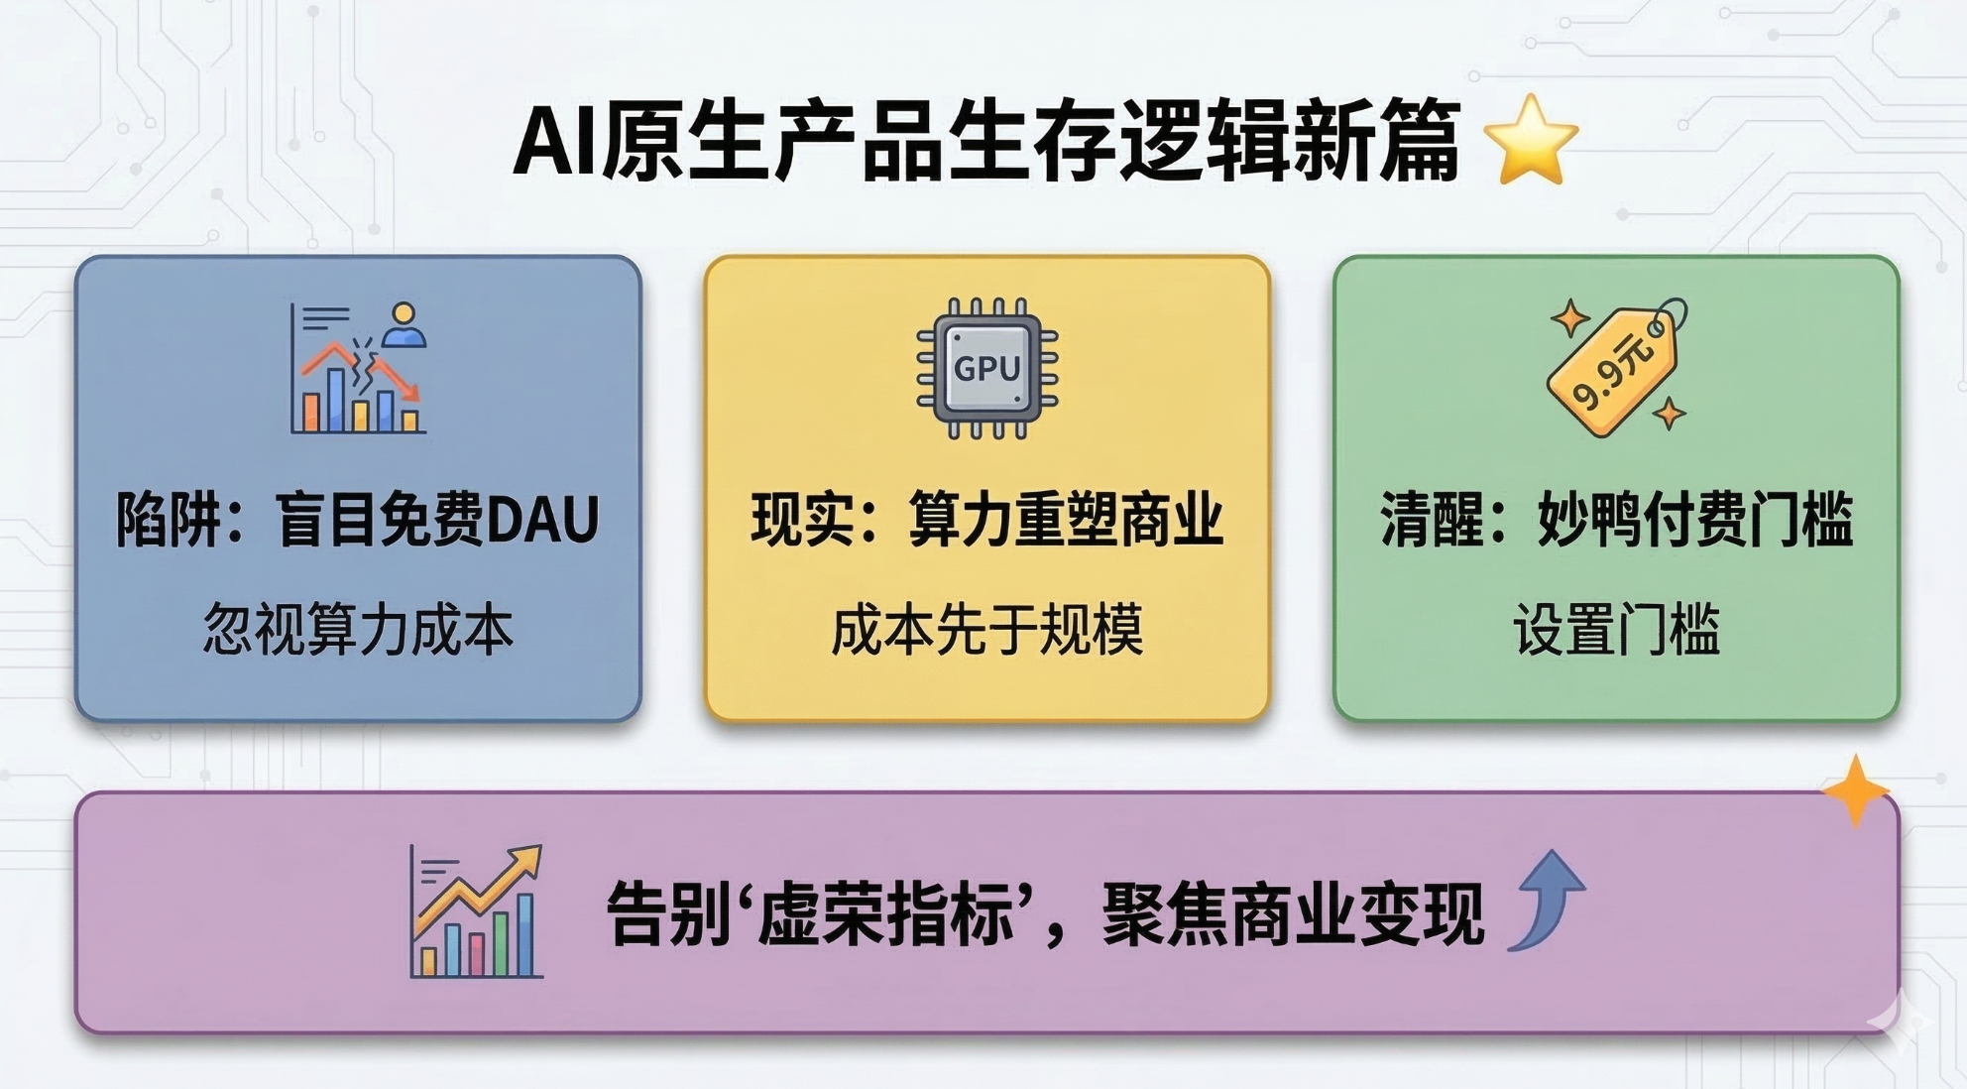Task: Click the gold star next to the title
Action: tap(1531, 141)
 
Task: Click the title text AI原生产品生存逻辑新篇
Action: tap(986, 141)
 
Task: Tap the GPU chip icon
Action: tap(986, 368)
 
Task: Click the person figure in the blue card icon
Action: tap(404, 325)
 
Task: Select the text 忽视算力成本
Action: tap(358, 629)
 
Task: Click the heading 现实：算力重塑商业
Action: tap(986, 520)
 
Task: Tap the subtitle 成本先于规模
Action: tap(986, 629)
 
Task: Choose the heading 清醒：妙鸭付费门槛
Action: tap(1616, 520)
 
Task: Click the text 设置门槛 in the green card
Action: tap(1616, 629)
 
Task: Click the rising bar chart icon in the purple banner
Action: tap(477, 912)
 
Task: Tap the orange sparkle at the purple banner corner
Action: tap(1855, 790)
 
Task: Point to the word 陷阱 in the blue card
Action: tap(169, 520)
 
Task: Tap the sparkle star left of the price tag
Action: tap(1569, 319)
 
